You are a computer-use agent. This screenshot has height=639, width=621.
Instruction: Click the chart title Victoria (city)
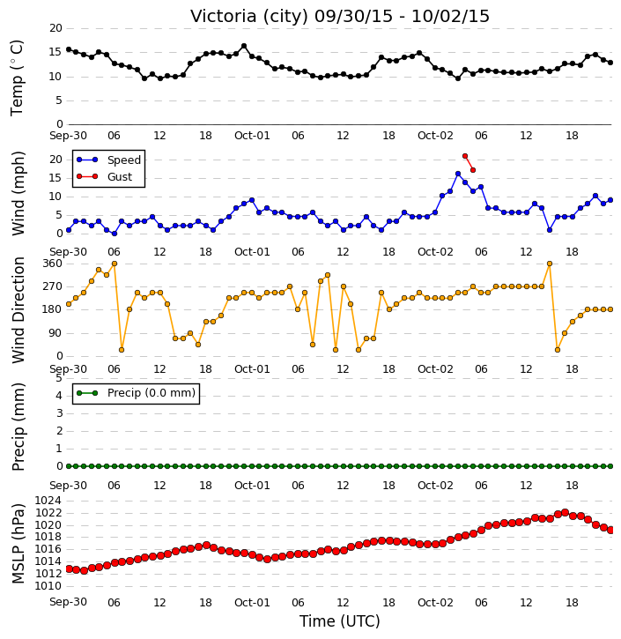(x=249, y=17)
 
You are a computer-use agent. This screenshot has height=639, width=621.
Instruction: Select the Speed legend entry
(x=108, y=160)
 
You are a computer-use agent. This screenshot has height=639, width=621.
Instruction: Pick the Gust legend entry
(x=105, y=176)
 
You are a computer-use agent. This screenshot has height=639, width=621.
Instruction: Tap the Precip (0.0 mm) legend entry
(x=137, y=393)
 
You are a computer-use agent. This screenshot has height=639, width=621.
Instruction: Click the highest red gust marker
(x=465, y=156)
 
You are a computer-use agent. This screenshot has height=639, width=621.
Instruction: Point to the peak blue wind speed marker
(x=458, y=174)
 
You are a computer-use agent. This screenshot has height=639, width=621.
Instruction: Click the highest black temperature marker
(x=244, y=46)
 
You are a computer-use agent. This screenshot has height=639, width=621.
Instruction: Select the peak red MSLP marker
(x=565, y=512)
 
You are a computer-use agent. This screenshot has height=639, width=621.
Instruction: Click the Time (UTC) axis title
(x=340, y=621)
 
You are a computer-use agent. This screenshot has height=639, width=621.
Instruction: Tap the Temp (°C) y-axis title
(x=17, y=78)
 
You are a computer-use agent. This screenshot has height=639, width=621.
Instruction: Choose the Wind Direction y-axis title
(x=18, y=310)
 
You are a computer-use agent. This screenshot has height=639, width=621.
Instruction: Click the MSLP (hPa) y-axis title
(x=18, y=544)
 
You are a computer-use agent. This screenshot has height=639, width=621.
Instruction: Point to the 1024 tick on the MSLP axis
(x=48, y=501)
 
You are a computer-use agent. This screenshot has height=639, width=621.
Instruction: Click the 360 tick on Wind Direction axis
(x=52, y=264)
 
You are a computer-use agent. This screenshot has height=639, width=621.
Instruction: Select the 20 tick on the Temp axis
(x=55, y=28)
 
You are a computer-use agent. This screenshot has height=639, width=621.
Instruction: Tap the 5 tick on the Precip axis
(x=59, y=378)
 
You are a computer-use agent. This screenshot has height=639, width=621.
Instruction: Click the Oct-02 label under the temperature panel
(x=435, y=136)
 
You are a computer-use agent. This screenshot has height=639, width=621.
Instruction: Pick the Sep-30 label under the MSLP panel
(x=68, y=602)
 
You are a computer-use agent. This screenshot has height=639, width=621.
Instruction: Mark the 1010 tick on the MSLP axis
(x=48, y=586)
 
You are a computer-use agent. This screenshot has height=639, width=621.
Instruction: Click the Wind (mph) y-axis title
(x=18, y=194)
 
